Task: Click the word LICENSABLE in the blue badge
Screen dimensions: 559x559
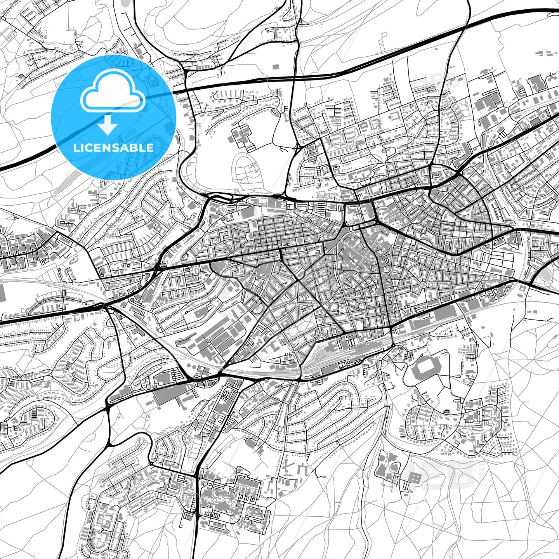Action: pos(114,148)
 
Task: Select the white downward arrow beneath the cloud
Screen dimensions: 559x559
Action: pos(108,125)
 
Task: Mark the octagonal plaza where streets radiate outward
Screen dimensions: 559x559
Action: pos(423,285)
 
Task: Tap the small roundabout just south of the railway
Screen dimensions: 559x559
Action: pos(393,345)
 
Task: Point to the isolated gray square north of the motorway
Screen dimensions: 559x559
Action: pos(276,67)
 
